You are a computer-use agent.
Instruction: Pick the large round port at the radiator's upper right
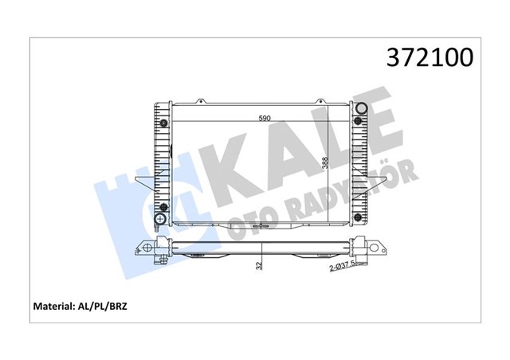pos(360,111)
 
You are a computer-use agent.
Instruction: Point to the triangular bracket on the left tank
pos(143,182)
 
